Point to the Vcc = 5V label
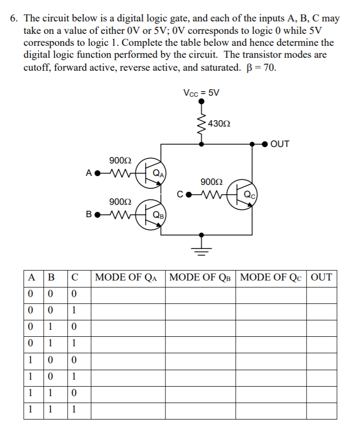[201, 93]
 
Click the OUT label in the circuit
[280, 144]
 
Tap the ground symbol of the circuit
[201, 248]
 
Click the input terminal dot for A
[98, 174]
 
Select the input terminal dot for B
[98, 216]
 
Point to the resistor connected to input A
[119, 173]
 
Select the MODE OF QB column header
[201, 277]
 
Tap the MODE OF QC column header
[272, 277]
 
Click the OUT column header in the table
[321, 277]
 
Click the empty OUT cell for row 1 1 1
[321, 411]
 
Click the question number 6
[14, 19]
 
